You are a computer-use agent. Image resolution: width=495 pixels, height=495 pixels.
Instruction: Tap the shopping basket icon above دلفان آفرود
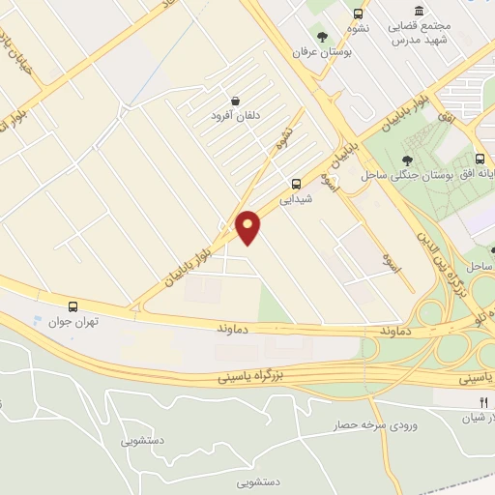point(235,100)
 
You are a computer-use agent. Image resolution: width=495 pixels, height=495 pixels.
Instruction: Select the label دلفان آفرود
point(235,116)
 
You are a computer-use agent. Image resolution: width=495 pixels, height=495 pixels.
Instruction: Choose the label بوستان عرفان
point(325,52)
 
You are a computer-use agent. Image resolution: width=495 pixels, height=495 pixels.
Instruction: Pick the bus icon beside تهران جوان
point(73,306)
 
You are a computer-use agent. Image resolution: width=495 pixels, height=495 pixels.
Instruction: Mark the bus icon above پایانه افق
point(480,159)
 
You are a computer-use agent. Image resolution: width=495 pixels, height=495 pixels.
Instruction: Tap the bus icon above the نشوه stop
point(359,15)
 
